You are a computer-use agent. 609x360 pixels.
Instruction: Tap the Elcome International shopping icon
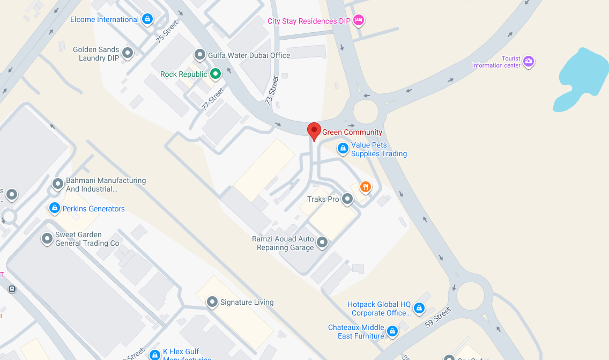click(x=147, y=20)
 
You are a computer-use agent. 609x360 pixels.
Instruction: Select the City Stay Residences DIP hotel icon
click(x=359, y=20)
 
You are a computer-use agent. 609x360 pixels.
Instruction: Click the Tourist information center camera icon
click(x=529, y=61)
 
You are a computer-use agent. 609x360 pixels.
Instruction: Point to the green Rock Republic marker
click(x=215, y=74)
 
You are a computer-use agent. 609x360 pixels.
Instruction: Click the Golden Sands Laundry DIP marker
click(x=128, y=53)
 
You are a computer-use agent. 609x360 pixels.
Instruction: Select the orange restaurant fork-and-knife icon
click(x=365, y=187)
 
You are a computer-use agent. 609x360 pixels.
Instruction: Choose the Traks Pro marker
click(x=347, y=199)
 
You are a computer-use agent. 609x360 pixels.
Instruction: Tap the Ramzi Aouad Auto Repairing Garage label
click(x=283, y=243)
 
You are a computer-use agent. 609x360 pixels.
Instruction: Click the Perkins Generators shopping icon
click(x=54, y=208)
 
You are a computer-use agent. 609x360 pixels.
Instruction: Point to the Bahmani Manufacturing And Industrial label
click(x=106, y=185)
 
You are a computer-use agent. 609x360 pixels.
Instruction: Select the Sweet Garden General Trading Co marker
click(x=47, y=238)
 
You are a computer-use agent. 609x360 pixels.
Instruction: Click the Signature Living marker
click(x=212, y=302)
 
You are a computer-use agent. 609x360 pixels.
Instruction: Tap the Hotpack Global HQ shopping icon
click(x=419, y=308)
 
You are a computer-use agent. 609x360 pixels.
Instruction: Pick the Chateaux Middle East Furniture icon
click(x=392, y=331)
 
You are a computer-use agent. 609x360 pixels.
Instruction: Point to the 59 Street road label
click(x=438, y=317)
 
